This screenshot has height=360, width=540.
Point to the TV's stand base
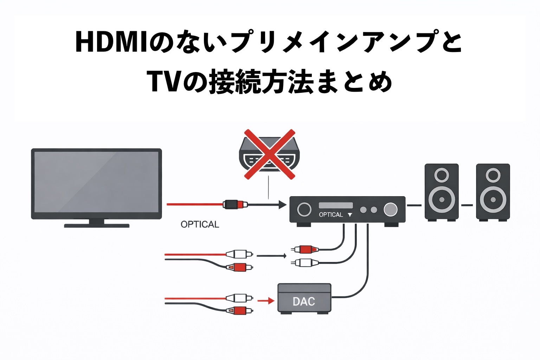point(97,225)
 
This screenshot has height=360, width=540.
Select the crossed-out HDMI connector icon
point(269,155)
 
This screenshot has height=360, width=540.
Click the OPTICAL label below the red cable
point(200,224)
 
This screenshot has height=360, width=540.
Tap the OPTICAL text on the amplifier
point(330,214)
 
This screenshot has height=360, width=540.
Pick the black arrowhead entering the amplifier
point(282,204)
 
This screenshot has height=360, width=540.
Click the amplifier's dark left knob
point(304,210)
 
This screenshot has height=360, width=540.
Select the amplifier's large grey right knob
point(390,210)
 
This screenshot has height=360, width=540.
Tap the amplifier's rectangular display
point(335,205)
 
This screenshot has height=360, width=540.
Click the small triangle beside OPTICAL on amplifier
point(350,215)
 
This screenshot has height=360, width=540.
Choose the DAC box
point(304,298)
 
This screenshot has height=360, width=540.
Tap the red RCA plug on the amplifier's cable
point(305,249)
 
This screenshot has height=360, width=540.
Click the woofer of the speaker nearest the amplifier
point(442,199)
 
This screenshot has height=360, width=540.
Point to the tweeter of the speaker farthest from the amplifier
point(493,175)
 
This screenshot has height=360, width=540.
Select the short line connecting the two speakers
point(467,205)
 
